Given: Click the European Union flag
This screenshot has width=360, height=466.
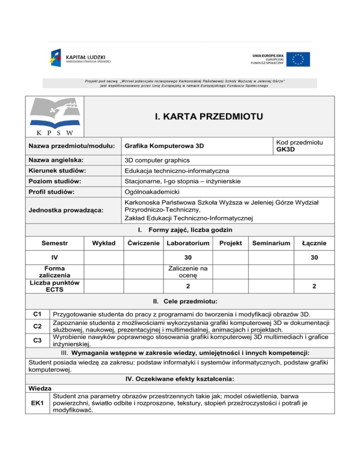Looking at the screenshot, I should click(x=298, y=59).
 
